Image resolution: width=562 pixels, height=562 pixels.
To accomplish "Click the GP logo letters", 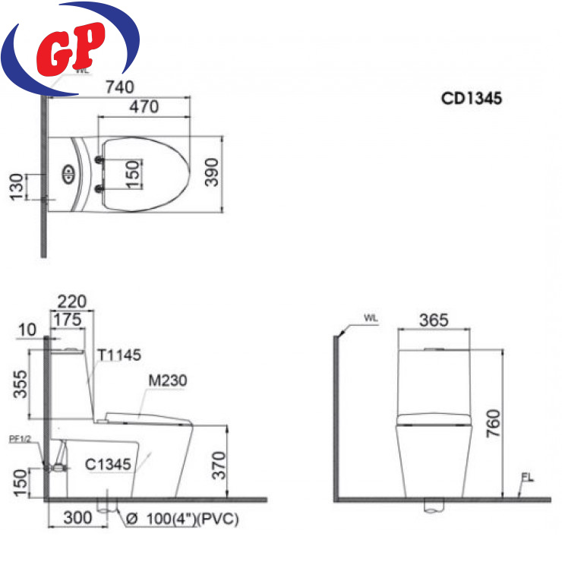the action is coord(71,49).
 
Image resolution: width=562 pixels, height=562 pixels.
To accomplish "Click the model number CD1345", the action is coord(472,98).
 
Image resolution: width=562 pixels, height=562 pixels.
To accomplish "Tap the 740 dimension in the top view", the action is coord(120,87).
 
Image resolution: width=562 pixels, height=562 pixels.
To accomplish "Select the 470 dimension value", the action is coord(144,107).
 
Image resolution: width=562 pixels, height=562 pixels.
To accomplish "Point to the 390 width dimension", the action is coord(211,172).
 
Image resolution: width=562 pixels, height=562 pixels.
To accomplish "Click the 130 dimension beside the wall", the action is coord(17,187).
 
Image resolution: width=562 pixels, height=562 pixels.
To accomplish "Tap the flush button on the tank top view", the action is coord(69,174).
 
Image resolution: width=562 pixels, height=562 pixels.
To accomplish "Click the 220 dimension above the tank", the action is coord(71,302).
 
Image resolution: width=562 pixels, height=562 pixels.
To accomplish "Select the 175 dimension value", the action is coord(68,319).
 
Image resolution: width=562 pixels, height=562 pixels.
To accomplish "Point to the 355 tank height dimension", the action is coord(20,384).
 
